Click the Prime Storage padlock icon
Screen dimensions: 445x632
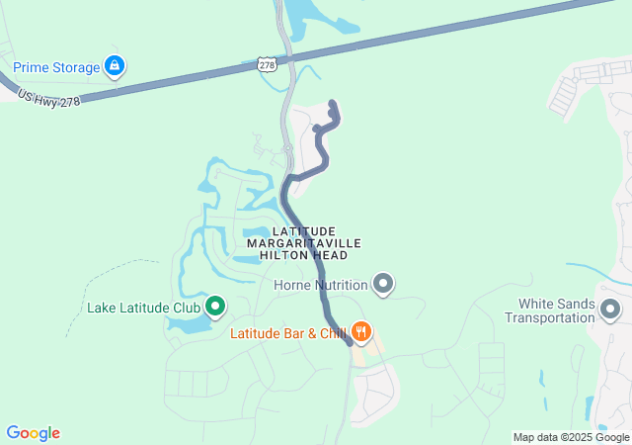click(116, 67)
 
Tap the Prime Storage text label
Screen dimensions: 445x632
click(56, 68)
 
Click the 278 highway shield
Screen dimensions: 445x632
click(267, 64)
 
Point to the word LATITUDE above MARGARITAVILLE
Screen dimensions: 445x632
click(303, 230)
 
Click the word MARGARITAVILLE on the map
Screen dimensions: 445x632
click(303, 243)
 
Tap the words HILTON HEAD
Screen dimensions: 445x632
click(303, 255)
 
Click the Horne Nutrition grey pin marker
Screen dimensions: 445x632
click(384, 286)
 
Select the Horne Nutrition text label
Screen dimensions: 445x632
click(320, 286)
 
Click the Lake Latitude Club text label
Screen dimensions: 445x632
click(143, 308)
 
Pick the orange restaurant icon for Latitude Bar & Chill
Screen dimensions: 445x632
click(362, 332)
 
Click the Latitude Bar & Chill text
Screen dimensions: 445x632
click(287, 333)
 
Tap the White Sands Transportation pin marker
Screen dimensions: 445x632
click(611, 311)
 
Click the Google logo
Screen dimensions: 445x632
click(33, 433)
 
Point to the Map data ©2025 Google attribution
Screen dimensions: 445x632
click(571, 437)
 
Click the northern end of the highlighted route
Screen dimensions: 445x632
click(332, 104)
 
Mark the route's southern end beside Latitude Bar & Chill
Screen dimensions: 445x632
click(349, 342)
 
